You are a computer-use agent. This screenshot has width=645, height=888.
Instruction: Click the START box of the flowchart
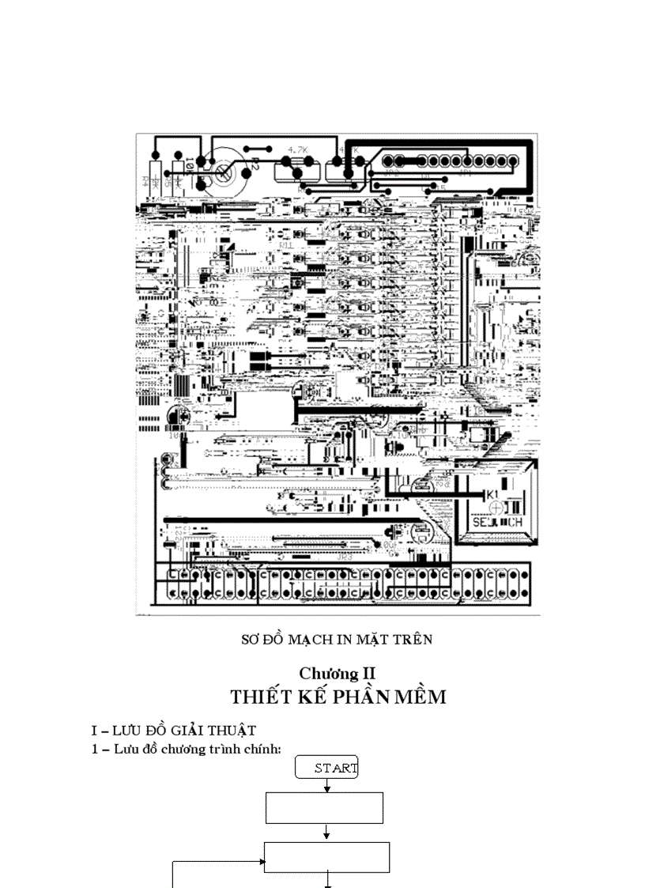[x=327, y=767]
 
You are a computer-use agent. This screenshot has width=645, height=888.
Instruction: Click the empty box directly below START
[x=324, y=808]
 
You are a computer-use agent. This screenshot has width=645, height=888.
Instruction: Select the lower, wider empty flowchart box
[x=326, y=857]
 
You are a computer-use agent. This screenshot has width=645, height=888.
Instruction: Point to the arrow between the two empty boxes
[x=327, y=833]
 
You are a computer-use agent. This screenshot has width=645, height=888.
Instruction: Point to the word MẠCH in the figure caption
[x=315, y=639]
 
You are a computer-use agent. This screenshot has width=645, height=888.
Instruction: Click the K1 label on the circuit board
[x=492, y=495]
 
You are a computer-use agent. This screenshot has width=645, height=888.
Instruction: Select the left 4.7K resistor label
[x=298, y=149]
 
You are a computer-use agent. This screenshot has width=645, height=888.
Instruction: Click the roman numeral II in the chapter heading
[x=368, y=674]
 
